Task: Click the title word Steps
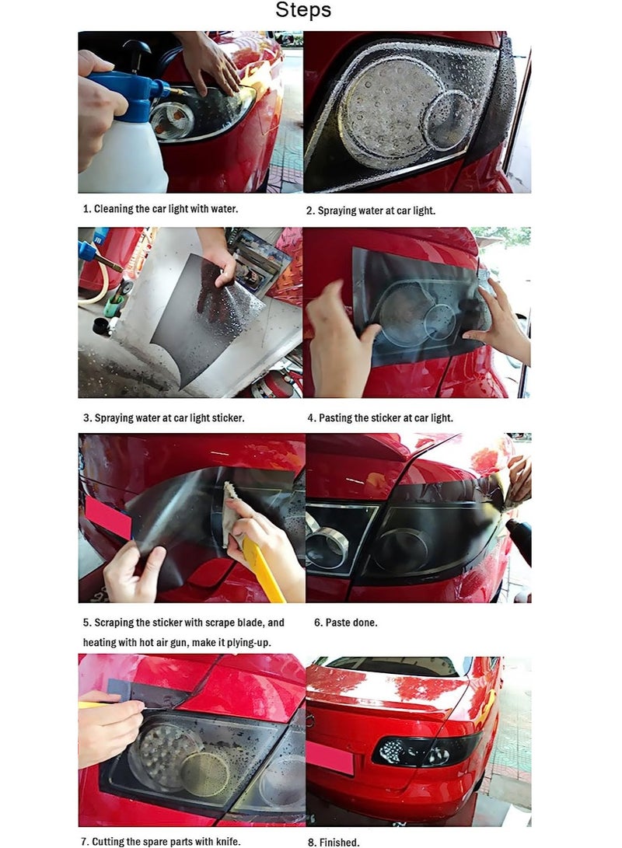click(x=303, y=11)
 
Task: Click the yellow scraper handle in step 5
click(x=263, y=571)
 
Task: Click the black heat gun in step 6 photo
click(x=520, y=540)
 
